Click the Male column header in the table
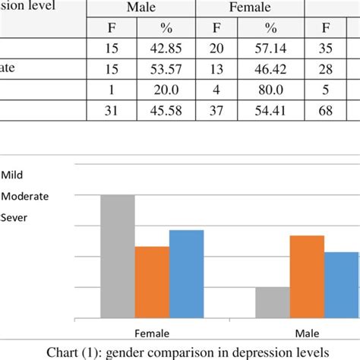(141, 8)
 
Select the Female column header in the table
(250, 8)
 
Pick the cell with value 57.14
(270, 48)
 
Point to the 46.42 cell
(270, 68)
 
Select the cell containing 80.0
(270, 88)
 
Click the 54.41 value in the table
(270, 108)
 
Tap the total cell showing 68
(326, 108)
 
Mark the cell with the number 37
(216, 108)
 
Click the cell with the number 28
(326, 68)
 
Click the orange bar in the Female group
(152, 282)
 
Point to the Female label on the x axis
(152, 333)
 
